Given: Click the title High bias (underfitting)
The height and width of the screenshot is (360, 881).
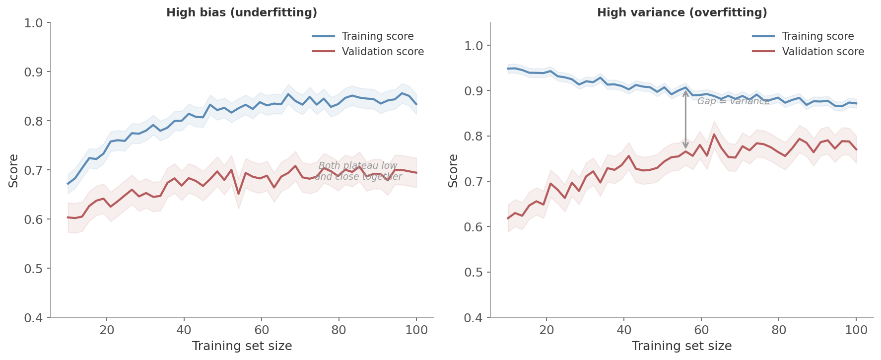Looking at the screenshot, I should click(x=242, y=13).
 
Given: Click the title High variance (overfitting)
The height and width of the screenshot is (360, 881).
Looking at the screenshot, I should click(x=682, y=13).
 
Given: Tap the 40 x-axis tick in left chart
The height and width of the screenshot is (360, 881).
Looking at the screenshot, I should click(x=184, y=330).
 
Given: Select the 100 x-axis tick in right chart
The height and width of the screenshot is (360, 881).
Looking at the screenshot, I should click(x=856, y=330).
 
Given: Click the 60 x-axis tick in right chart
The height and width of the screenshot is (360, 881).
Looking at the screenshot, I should click(x=701, y=330).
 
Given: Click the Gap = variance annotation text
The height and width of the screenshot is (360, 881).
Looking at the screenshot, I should click(x=733, y=101).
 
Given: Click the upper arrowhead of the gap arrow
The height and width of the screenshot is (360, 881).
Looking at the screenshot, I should click(x=685, y=92).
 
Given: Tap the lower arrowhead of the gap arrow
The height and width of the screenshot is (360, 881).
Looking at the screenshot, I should click(x=685, y=146).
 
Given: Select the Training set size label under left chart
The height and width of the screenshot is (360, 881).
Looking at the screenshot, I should click(x=242, y=346).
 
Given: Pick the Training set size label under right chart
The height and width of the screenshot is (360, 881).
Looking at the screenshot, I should click(x=681, y=346).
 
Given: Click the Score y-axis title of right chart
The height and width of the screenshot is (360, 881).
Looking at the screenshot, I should click(x=453, y=170).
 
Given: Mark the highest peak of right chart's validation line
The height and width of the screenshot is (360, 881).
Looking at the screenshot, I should click(x=714, y=134).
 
